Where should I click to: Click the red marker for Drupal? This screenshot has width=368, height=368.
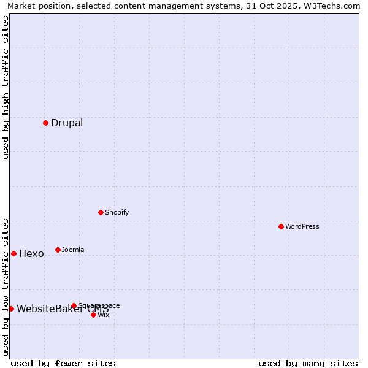point(45,123)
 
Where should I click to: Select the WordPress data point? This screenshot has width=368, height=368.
point(281,226)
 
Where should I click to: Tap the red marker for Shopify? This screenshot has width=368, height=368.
point(101,212)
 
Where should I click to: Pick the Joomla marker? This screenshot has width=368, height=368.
point(58,250)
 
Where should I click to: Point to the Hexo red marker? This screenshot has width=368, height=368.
point(13,253)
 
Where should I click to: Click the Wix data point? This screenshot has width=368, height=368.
point(93,315)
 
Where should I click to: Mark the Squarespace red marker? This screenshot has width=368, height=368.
point(74,305)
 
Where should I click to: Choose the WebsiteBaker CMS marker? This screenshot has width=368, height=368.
point(11,309)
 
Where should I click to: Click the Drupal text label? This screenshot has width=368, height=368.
point(67,123)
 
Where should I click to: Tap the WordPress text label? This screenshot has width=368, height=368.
point(302,226)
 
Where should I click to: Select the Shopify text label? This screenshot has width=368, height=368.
point(117,212)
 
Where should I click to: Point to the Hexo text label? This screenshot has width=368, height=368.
point(31,253)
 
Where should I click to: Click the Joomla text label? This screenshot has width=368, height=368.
point(73,250)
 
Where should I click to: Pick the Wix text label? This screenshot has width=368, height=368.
point(104,315)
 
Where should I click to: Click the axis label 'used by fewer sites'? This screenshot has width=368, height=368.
point(63,363)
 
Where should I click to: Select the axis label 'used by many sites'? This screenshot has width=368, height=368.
point(308,363)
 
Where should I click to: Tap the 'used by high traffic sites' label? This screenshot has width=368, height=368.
point(6,87)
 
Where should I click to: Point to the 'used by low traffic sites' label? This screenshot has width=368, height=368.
point(6,286)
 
